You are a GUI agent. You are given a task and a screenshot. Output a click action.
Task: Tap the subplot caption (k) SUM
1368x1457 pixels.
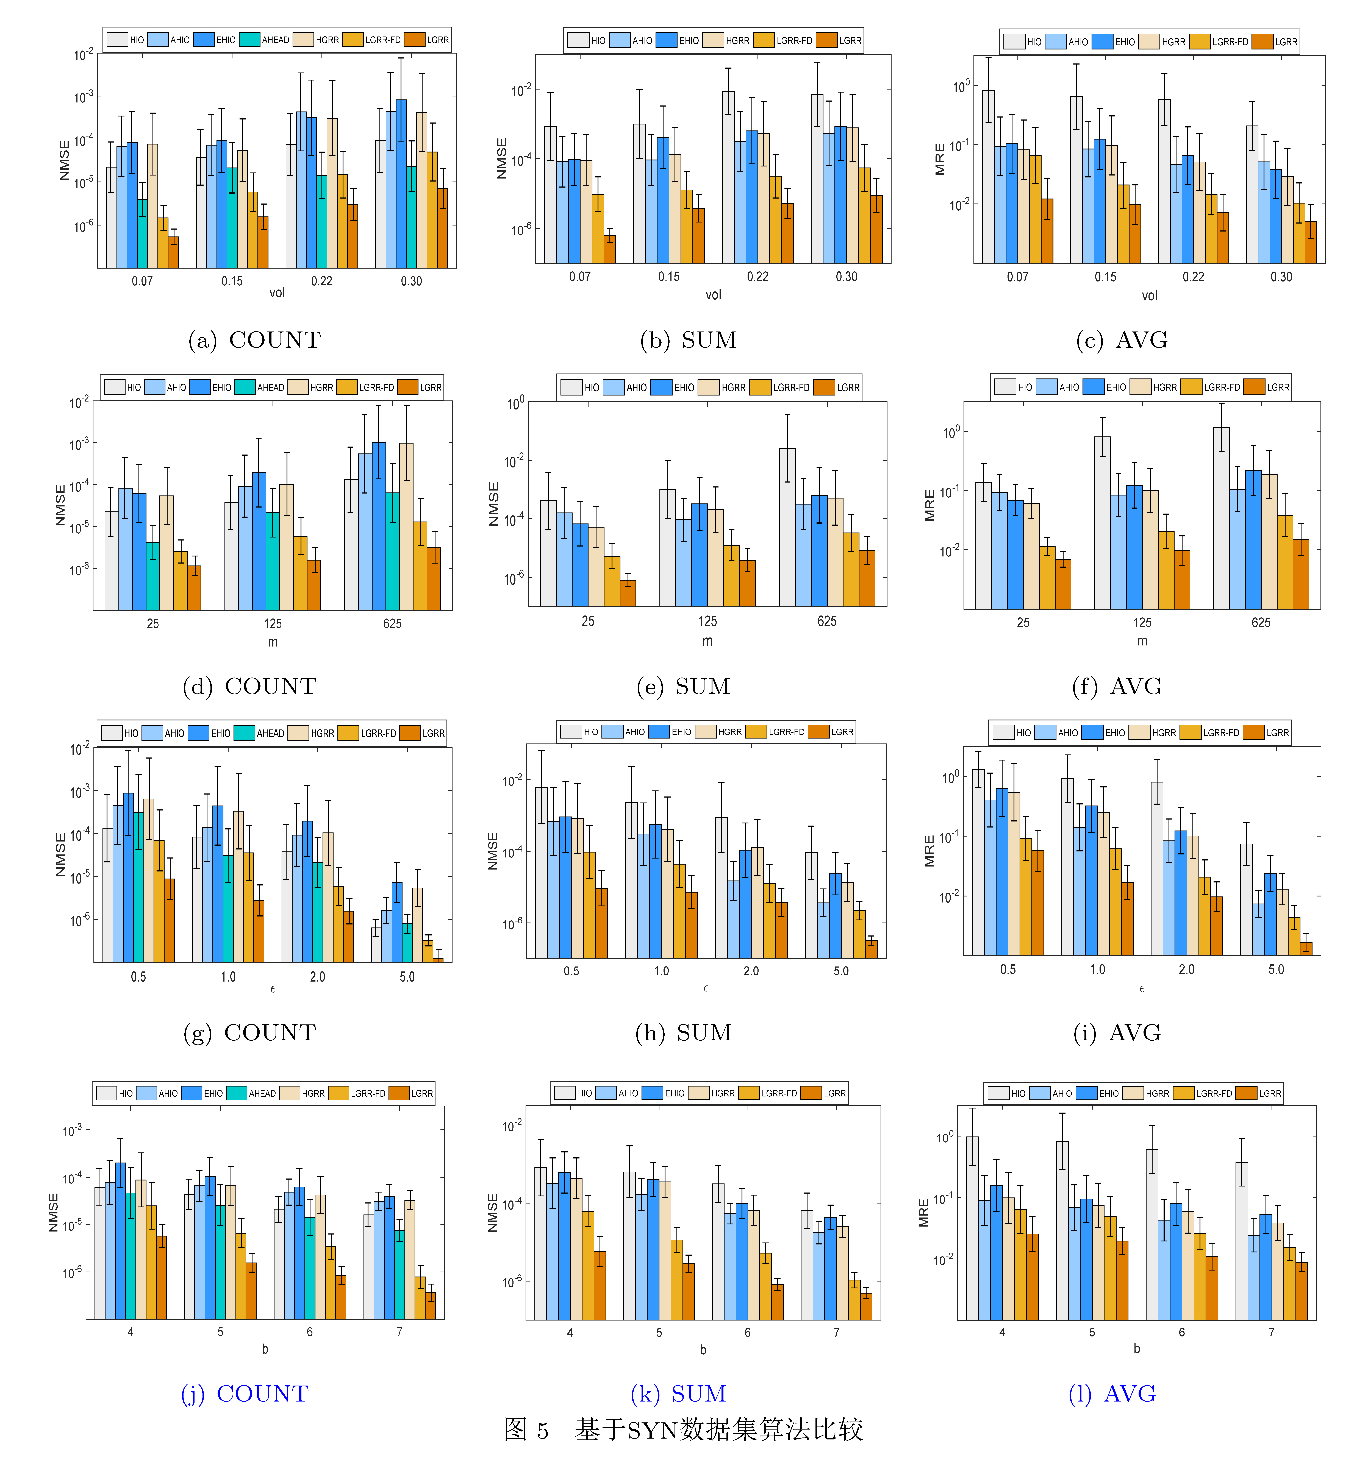point(678,1393)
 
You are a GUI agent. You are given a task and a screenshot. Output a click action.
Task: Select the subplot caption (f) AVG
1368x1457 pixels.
point(1117,686)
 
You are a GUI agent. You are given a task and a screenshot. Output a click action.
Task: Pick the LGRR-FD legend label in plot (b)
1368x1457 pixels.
point(794,40)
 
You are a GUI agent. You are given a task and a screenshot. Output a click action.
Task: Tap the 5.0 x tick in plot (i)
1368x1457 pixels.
point(1276,969)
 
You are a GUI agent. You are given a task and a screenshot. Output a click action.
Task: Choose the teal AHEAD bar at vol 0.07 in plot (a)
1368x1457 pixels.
point(142,233)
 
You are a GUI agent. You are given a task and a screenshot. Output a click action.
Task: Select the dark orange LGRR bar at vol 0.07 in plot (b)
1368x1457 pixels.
point(609,249)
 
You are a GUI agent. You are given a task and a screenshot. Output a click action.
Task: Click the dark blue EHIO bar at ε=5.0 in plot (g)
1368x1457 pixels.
point(397,922)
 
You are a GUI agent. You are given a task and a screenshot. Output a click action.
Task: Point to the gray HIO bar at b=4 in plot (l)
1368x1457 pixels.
point(972,1228)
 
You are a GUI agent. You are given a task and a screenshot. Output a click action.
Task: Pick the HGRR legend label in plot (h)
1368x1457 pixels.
point(729,731)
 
